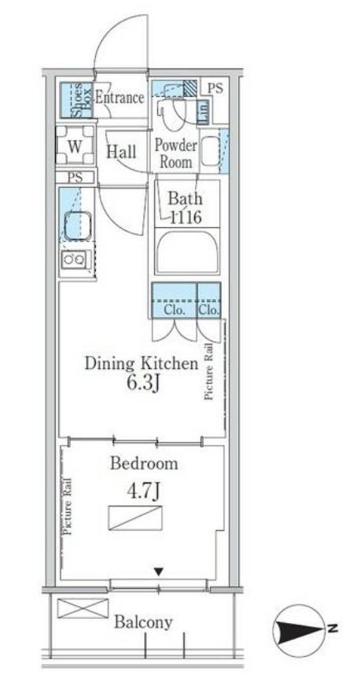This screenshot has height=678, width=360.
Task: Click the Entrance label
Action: click(x=119, y=98)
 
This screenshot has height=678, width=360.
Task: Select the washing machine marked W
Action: click(x=75, y=146)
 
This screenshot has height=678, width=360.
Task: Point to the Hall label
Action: click(x=121, y=152)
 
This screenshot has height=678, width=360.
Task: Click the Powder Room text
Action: click(x=176, y=153)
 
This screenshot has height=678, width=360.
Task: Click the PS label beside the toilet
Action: click(x=215, y=89)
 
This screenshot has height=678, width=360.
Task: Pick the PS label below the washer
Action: click(x=75, y=177)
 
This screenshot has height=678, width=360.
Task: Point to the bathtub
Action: click(x=187, y=253)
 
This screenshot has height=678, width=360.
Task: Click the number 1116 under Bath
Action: click(x=185, y=217)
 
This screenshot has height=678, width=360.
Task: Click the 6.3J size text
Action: click(x=141, y=382)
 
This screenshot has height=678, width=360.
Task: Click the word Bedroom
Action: click(x=144, y=463)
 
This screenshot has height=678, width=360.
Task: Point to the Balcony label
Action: click(x=143, y=622)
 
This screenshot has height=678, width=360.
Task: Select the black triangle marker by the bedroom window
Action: click(x=159, y=572)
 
